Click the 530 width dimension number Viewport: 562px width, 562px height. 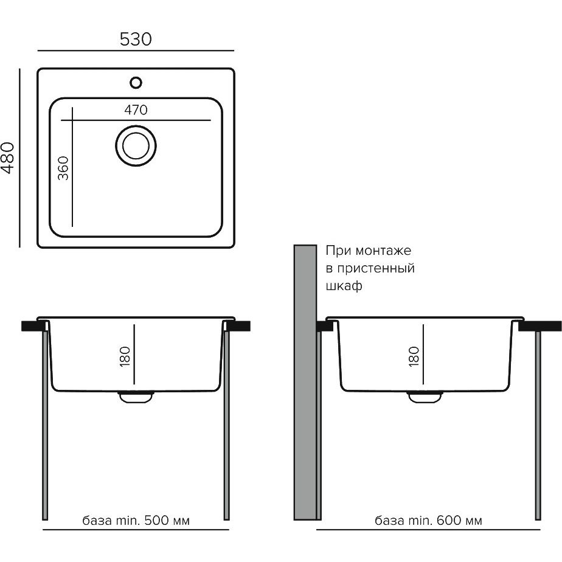pos(136,39)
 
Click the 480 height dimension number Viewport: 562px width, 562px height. pos(8,158)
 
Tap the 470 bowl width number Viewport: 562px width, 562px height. pos(136,109)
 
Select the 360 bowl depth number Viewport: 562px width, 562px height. pos(63,168)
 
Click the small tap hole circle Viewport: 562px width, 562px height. pos(136,83)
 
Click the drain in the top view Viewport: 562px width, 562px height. pos(136,146)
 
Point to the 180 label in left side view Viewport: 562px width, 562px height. pos(125,356)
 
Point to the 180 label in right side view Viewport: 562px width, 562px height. pos(414,356)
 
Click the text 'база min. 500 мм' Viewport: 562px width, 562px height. pos(136,520)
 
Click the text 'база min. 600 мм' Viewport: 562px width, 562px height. pos(428,520)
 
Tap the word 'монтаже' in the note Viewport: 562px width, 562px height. pos(383,251)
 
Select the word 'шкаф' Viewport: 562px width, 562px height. pos(344,286)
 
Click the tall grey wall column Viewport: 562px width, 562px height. pos(305,382)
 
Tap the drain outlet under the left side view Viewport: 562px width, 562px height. pos(136,397)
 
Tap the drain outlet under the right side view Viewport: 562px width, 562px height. pos(425,397)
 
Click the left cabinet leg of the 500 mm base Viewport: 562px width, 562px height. pos(45,425)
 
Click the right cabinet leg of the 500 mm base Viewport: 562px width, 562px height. pos(226,425)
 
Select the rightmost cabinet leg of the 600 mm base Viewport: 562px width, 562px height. pos(538,425)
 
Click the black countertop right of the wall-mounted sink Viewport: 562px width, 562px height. pos(539,326)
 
